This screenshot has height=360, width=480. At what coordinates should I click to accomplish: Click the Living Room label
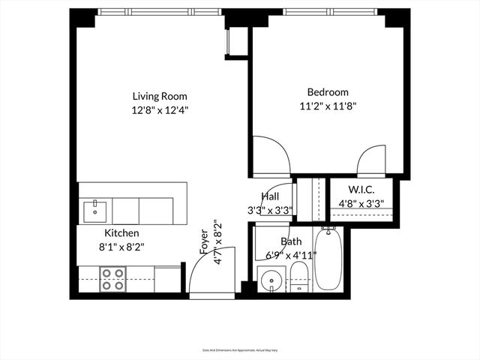point(160,96)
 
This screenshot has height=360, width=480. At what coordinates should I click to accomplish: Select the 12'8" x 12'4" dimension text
point(160,109)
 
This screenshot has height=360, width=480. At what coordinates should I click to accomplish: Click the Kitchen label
point(121,233)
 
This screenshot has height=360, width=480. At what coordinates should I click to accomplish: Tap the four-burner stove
point(113,279)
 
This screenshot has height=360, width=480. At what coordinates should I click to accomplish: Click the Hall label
point(271,196)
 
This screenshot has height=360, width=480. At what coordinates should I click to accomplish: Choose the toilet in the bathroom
point(299,277)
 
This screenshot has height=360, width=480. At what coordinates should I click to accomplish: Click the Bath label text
point(291,241)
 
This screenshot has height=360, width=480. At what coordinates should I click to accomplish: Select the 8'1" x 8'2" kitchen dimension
point(121,245)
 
